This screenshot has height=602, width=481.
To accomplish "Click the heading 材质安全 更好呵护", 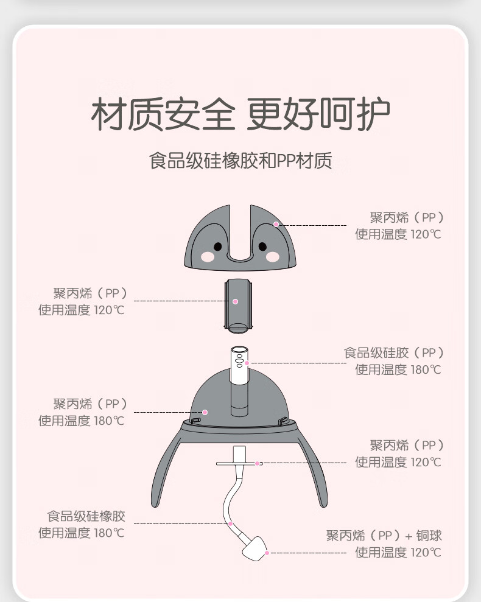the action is click(x=240, y=114).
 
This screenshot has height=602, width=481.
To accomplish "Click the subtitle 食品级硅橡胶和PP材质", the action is click(x=240, y=161).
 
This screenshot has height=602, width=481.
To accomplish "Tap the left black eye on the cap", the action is click(x=217, y=247).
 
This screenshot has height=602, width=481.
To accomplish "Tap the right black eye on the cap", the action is click(x=263, y=247).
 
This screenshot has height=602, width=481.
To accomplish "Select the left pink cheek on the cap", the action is click(x=208, y=256).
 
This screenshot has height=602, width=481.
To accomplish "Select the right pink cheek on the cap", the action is click(x=273, y=256).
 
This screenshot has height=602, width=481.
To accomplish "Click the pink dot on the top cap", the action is click(x=276, y=224).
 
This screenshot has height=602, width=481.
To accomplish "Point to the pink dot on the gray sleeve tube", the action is click(x=236, y=302).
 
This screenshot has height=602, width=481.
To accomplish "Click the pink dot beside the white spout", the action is click(x=247, y=363).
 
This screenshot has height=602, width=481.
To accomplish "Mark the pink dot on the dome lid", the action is click(x=205, y=412).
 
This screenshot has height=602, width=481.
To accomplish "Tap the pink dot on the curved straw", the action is click(x=231, y=523).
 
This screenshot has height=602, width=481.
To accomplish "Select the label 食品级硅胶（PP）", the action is click(x=394, y=353).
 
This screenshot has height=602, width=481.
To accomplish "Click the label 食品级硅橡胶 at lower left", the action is click(x=86, y=516).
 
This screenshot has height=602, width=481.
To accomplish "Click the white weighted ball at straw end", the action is click(x=255, y=548).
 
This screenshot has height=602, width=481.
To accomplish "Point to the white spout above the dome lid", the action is click(x=239, y=365).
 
